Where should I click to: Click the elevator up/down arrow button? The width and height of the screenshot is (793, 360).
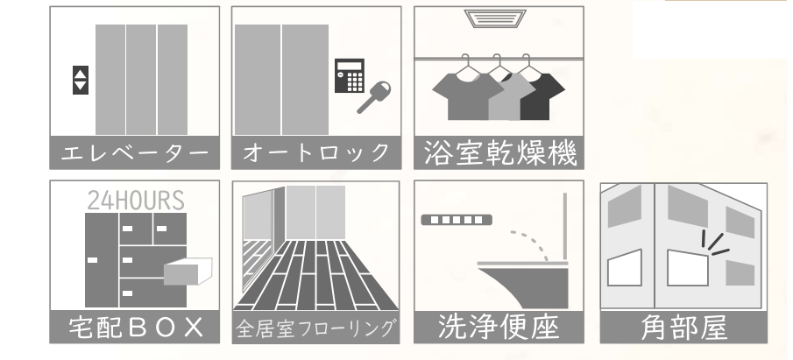[x=81, y=80]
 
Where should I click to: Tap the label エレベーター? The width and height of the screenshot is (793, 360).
[x=135, y=152]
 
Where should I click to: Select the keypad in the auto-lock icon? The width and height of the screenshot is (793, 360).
[x=350, y=76]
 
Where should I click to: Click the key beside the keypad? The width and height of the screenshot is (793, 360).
[x=374, y=97]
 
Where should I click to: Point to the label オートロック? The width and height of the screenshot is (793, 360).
[x=316, y=152]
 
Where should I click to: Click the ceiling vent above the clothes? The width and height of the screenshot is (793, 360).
[x=494, y=18]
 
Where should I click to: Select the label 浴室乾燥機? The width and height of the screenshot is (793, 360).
[x=499, y=152]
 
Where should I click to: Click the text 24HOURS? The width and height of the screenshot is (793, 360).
[x=136, y=201]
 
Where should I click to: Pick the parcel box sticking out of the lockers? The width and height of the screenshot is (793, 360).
[x=188, y=272]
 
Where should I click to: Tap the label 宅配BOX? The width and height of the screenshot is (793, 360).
[x=136, y=327]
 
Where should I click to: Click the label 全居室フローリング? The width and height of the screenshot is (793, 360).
[x=315, y=328]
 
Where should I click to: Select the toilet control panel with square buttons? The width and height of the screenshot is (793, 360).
[x=457, y=220]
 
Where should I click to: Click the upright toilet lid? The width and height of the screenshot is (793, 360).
[x=565, y=226]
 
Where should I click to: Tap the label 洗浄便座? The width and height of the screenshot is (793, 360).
[x=499, y=327]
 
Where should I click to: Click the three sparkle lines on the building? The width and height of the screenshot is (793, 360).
[x=714, y=244]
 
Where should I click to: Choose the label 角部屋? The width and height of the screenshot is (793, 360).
[x=683, y=328]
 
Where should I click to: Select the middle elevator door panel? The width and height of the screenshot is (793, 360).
[x=141, y=80]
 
